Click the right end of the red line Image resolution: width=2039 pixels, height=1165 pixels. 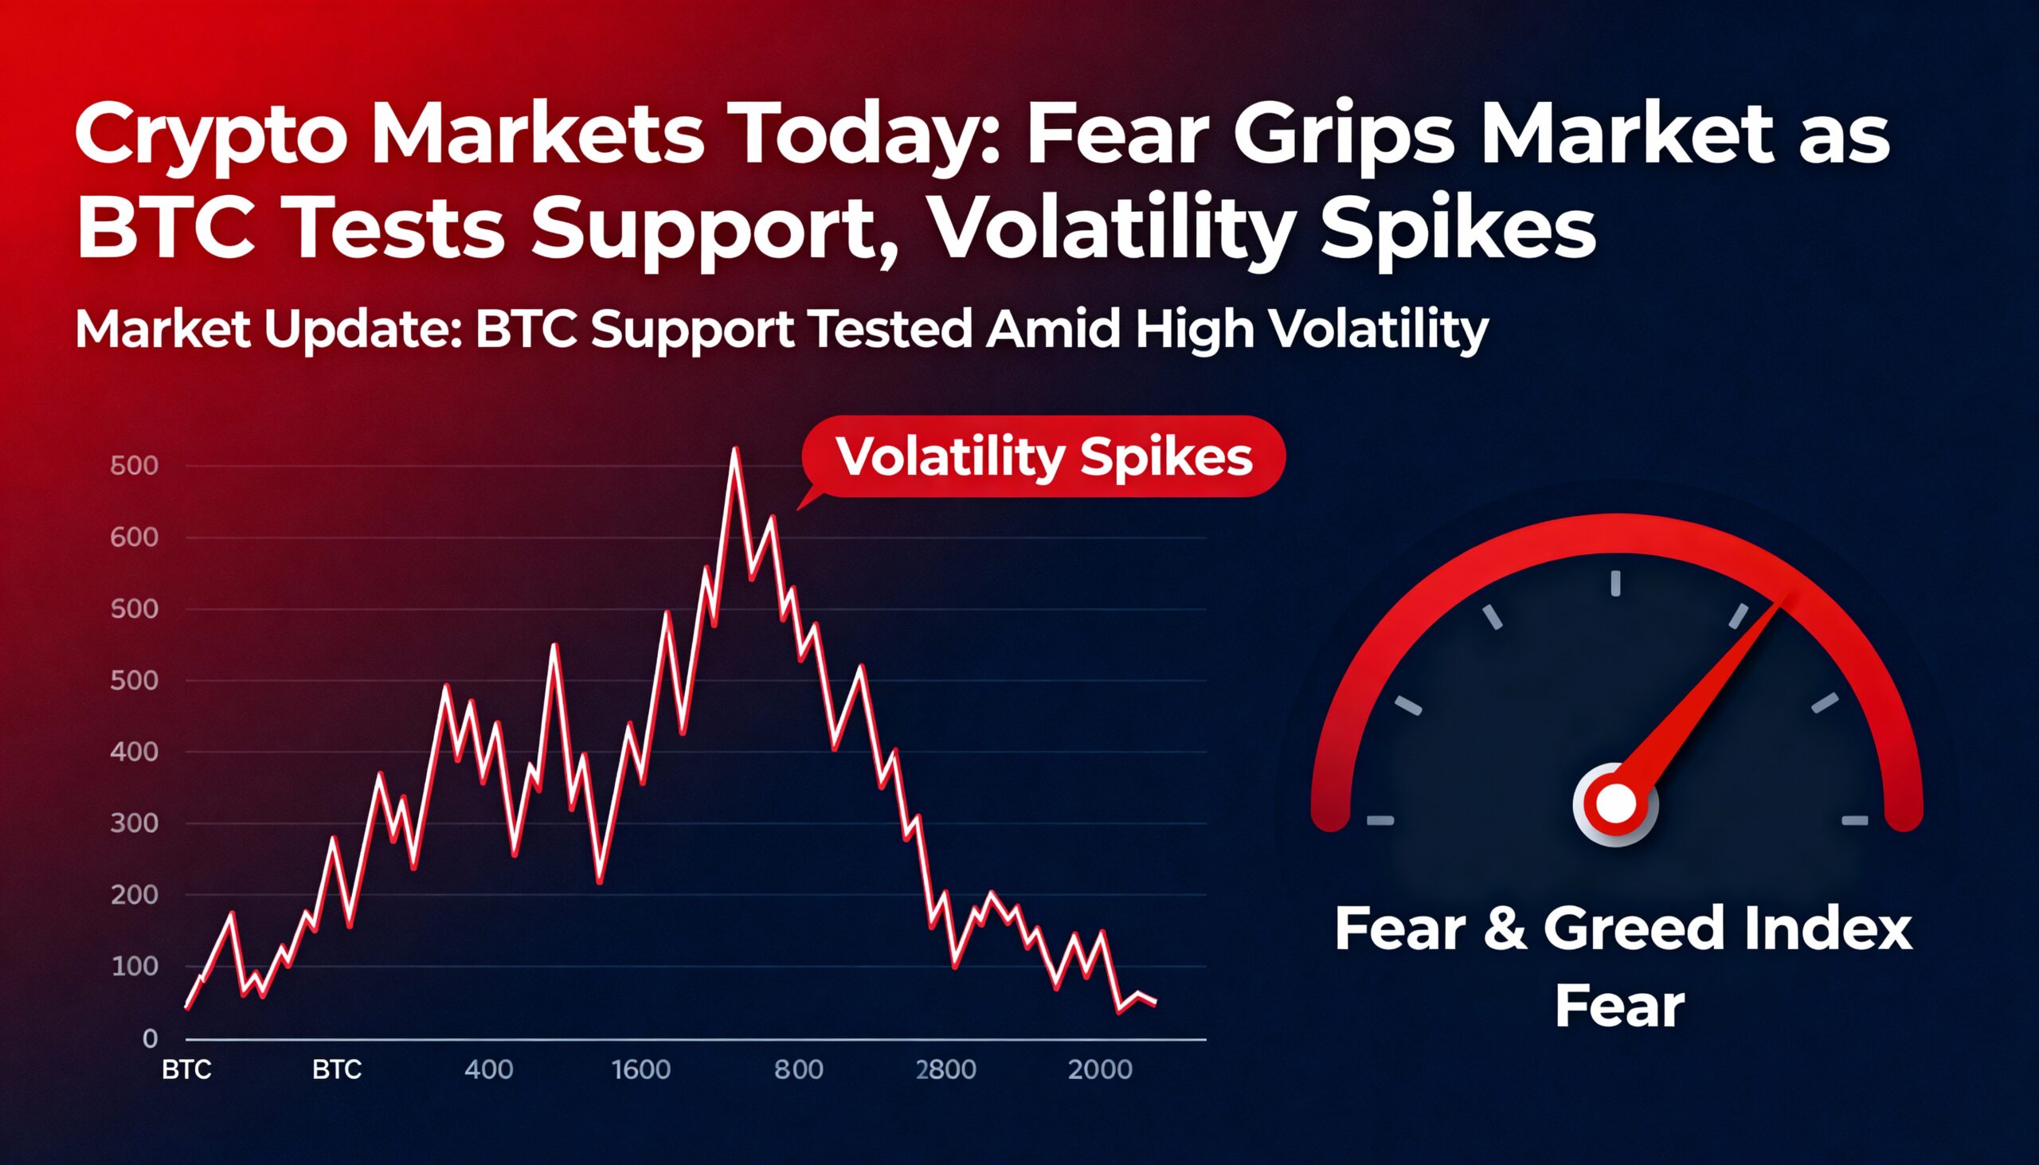pos(1155,1003)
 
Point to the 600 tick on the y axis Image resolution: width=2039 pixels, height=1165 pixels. pos(135,538)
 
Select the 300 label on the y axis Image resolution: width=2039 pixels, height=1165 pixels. pos(135,823)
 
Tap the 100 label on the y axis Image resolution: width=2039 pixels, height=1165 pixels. pos(135,967)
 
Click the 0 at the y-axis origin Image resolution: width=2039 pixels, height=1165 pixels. pos(150,1038)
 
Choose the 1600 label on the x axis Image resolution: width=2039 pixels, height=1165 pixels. pos(641,1069)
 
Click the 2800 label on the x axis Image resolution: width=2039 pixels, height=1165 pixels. pos(946,1069)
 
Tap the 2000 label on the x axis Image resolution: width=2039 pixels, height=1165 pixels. pos(1100,1069)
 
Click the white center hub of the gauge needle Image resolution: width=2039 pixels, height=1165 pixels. pos(1615,804)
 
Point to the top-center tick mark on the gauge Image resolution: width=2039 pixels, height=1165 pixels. pos(1615,583)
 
